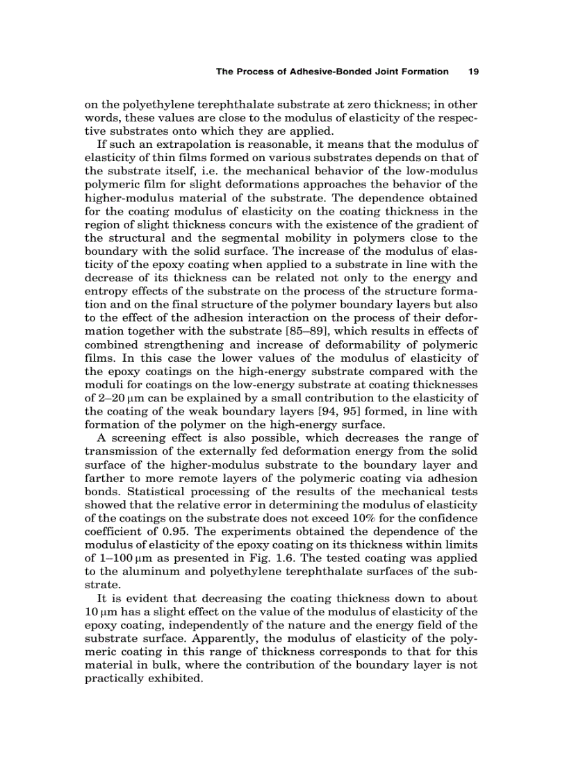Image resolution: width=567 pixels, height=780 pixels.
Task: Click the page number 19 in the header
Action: tap(475, 72)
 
